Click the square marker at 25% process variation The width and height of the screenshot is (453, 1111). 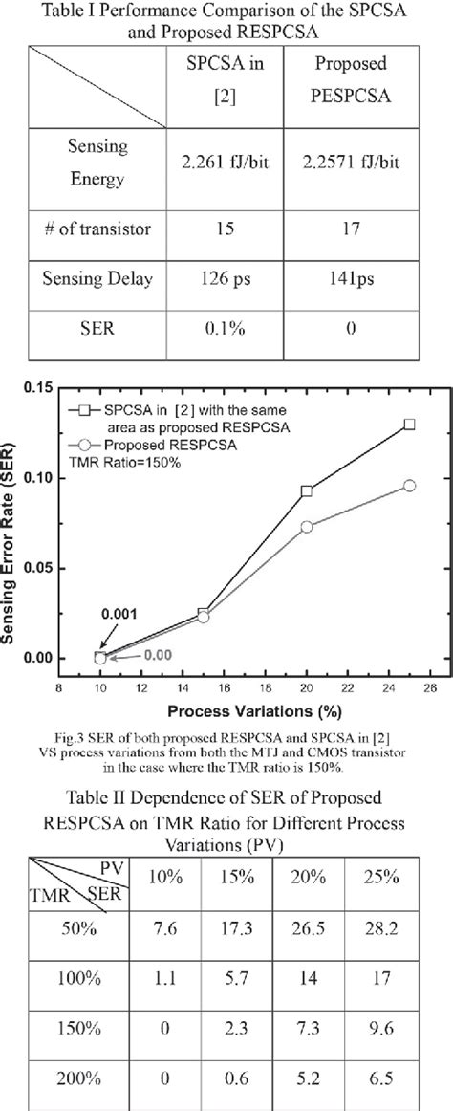[409, 424]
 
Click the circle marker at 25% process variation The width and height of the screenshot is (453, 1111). [409, 486]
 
